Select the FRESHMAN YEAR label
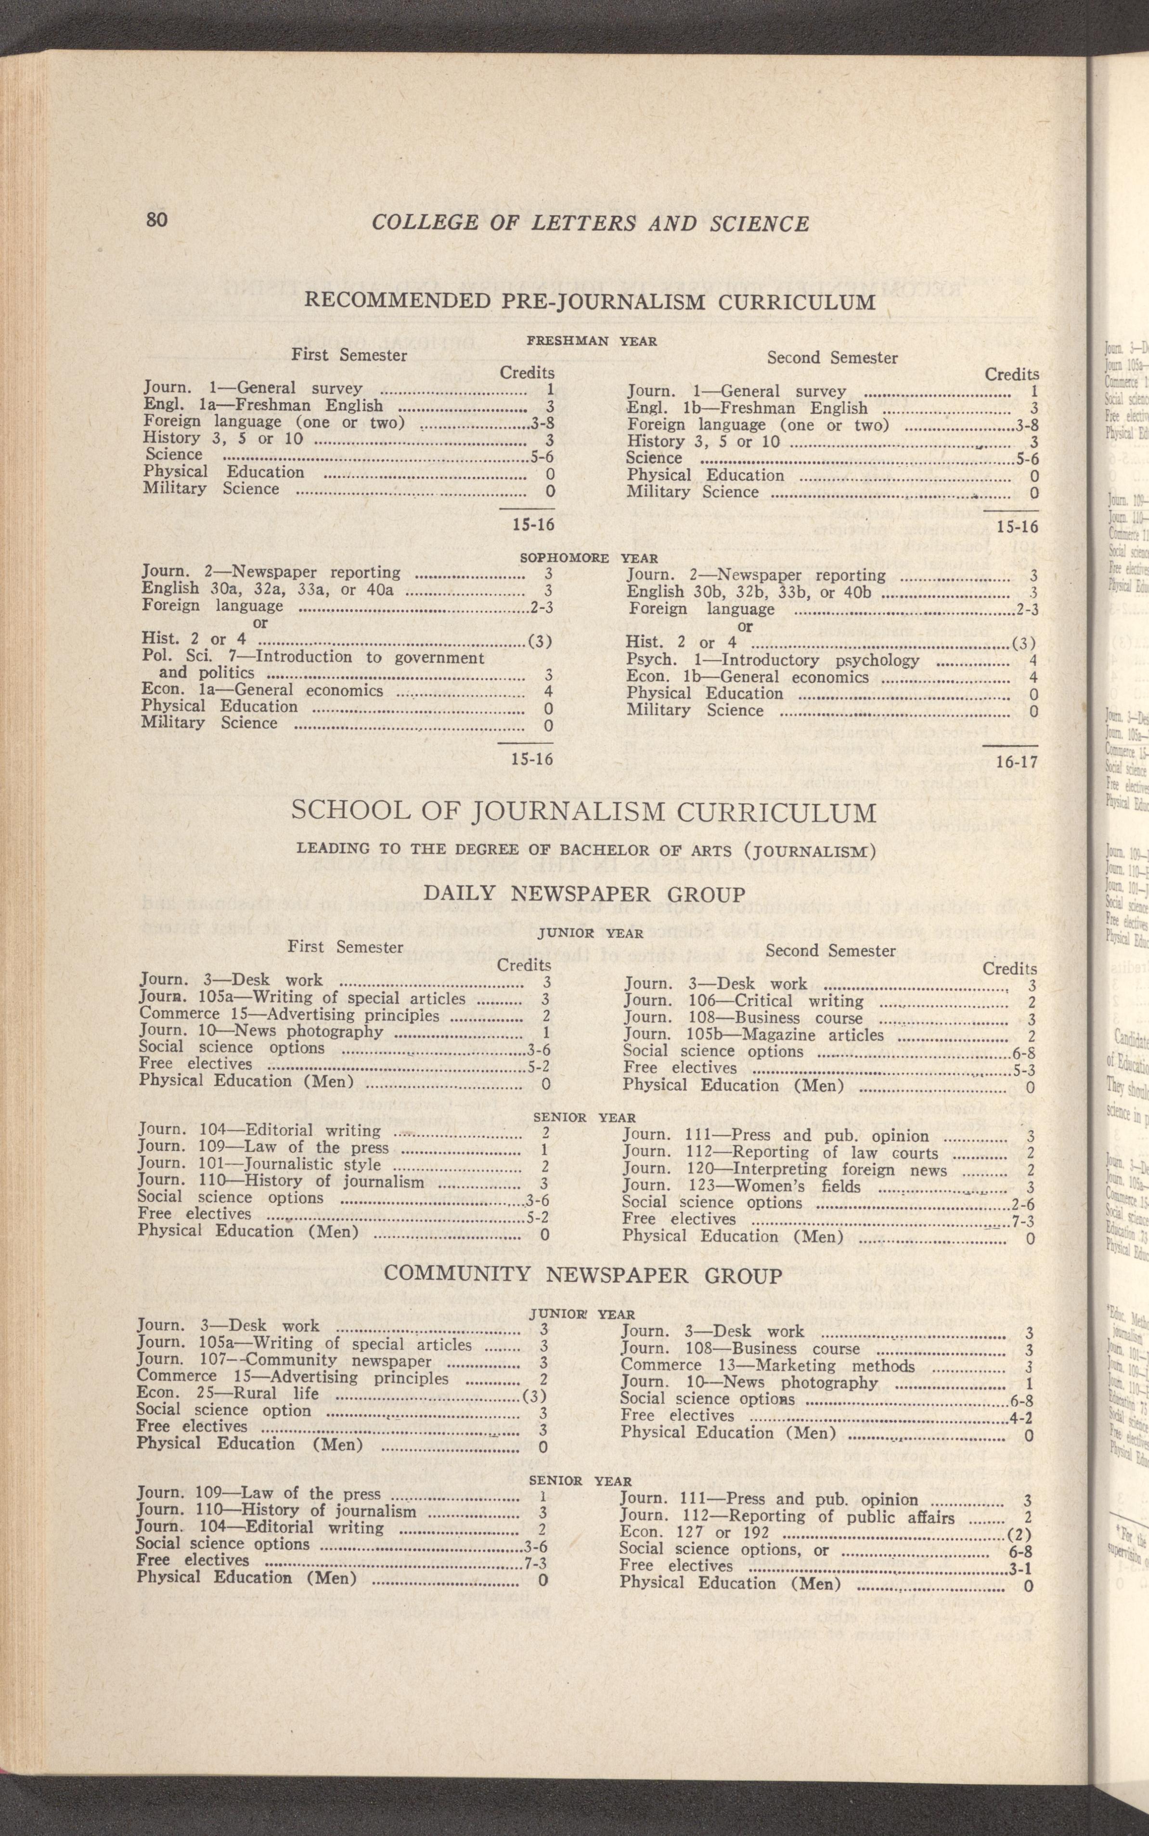591,341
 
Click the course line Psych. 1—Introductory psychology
773,660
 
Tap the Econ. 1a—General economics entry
262,690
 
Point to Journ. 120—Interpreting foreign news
784,1170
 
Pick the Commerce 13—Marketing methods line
767,1366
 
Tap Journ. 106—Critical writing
743,1001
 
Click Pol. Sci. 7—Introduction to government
312,657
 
